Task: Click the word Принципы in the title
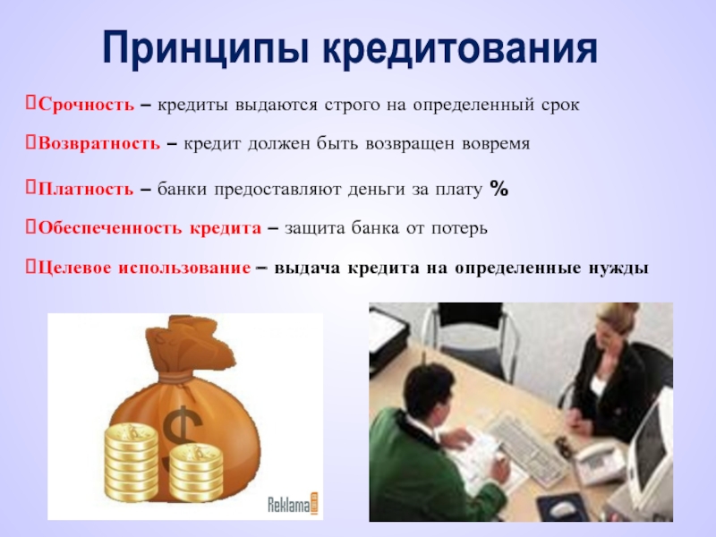208,48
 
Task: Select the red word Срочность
86,105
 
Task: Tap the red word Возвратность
99,143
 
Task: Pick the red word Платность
86,189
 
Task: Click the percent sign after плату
499,188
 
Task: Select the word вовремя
496,144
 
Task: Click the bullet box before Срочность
30,103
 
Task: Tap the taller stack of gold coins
130,461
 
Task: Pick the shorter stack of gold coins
196,473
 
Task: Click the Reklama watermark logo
293,505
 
